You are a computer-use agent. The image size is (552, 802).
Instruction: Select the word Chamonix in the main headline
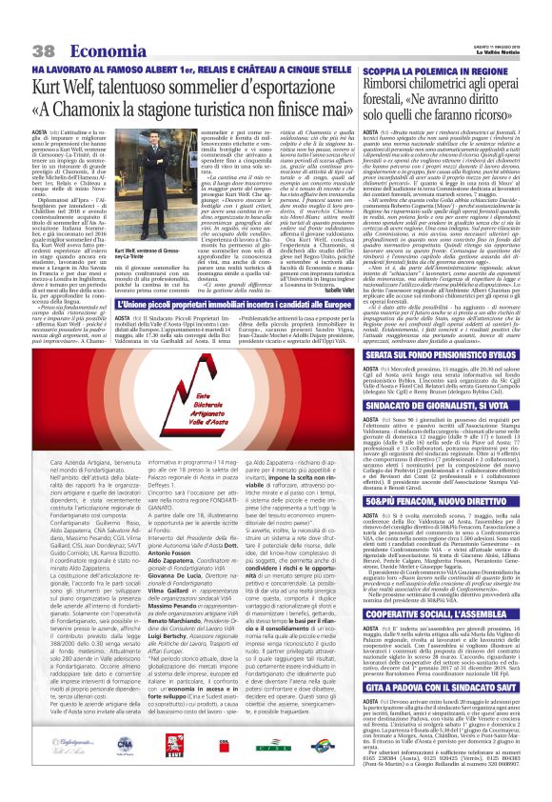tap(125, 109)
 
